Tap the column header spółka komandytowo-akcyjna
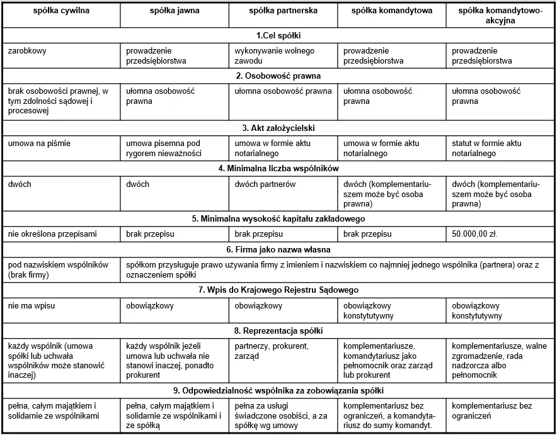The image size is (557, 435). (x=501, y=16)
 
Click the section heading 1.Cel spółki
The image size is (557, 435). (x=278, y=35)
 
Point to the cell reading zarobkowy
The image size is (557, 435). (x=28, y=51)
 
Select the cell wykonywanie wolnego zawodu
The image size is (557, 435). (x=274, y=56)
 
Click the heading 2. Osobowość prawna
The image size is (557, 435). (x=278, y=76)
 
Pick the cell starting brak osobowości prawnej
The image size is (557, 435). (x=59, y=101)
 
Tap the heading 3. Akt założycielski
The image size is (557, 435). (x=278, y=128)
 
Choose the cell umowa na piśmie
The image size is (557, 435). (x=39, y=144)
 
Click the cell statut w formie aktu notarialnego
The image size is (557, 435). (x=487, y=149)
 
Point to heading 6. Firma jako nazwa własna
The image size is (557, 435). (x=278, y=249)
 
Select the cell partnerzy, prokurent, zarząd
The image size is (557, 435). (x=271, y=351)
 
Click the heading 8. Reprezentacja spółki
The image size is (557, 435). (x=278, y=330)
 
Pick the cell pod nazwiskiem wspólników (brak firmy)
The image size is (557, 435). (x=59, y=269)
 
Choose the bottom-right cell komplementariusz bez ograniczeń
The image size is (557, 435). (x=493, y=411)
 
